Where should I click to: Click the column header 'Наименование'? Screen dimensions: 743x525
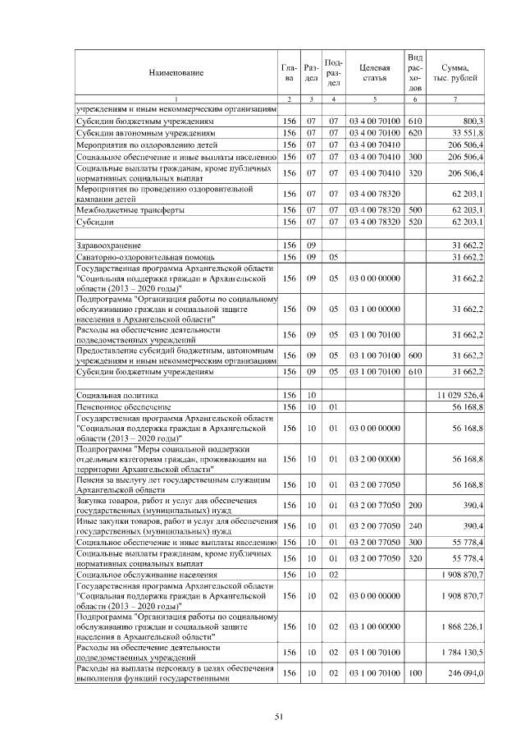coord(176,73)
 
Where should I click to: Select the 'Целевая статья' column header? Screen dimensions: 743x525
coord(373,72)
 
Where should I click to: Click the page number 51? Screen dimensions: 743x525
coord(278,717)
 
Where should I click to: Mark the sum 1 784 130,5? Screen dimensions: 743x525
coord(461,653)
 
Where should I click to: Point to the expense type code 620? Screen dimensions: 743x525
coord(414,132)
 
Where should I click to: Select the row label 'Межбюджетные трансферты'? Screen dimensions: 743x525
coord(126,210)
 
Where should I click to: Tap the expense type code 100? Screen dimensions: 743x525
coord(414,673)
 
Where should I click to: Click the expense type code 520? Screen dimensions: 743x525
coord(414,222)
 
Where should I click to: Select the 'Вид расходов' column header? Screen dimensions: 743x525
coord(415,72)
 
